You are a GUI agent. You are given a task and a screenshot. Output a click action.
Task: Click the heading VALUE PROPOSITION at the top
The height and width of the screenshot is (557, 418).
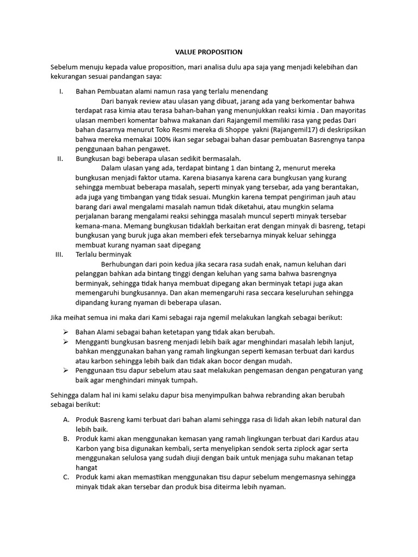[208, 52]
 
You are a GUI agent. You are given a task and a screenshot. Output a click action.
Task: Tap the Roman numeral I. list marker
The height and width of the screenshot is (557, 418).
[62, 91]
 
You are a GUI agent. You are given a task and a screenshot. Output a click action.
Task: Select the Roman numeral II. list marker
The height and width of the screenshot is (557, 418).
[60, 158]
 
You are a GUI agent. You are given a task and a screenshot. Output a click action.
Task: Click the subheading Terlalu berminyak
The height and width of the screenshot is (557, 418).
[103, 255]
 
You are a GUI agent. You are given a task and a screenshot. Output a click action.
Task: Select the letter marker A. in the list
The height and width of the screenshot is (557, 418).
[66, 419]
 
